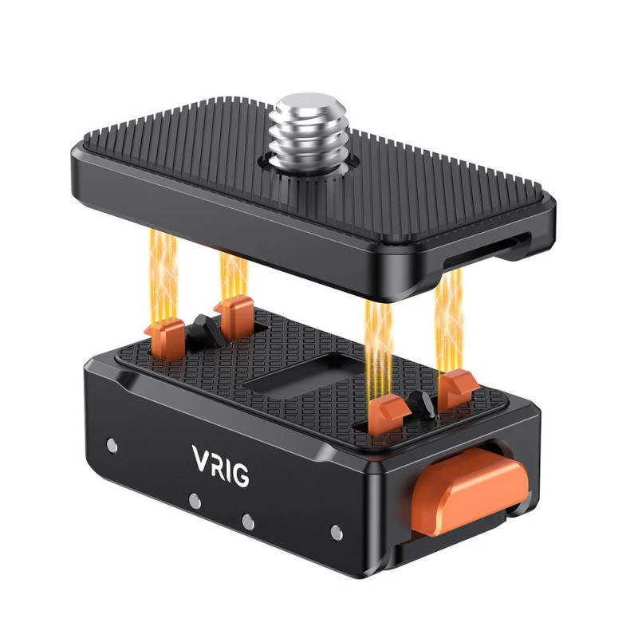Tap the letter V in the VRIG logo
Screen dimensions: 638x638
[x=202, y=459]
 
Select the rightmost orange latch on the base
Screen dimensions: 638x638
[x=457, y=389]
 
